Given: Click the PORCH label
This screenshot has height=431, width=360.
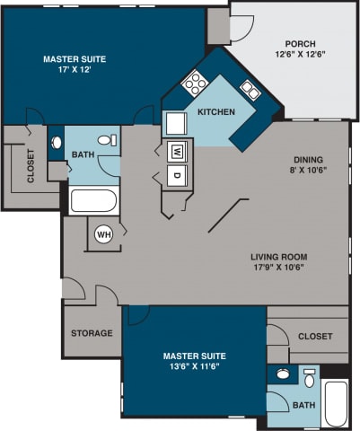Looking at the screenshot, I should (300, 43).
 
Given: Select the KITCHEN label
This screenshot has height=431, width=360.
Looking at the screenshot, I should (216, 112).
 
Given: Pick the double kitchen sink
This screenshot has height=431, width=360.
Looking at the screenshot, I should (250, 92).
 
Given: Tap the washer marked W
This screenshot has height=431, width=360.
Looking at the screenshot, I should (177, 150).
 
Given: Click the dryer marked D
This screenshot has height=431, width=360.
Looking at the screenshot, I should (177, 173).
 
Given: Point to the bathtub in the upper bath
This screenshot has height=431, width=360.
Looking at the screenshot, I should (92, 201).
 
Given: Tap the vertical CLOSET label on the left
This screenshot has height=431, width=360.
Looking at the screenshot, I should (30, 165).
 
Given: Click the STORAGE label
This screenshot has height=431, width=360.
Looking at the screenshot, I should (92, 333).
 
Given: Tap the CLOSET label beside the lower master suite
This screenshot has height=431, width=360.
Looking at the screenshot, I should (314, 337).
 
